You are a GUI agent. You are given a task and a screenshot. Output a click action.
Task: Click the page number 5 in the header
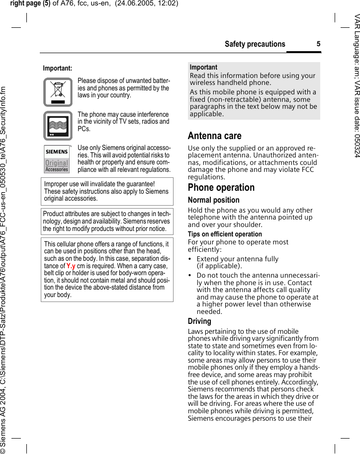318,44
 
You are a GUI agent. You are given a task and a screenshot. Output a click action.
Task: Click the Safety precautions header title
255,44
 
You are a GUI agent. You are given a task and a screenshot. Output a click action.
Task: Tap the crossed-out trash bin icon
58,92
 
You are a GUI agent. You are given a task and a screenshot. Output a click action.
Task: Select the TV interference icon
58,125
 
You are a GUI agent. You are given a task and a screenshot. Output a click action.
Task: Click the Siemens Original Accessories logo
57,159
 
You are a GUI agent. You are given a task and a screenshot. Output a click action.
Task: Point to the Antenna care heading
214,136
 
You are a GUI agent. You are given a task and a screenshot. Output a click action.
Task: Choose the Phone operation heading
221,187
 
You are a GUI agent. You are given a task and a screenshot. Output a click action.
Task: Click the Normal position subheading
213,200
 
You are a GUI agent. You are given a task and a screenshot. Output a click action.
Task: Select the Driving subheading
199,321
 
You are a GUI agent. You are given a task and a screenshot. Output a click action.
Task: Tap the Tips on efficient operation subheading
225,234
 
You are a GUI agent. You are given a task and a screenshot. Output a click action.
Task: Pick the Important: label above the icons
57,68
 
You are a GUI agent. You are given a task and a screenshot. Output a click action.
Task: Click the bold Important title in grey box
203,67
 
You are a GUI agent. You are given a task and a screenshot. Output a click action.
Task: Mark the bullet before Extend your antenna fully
190,259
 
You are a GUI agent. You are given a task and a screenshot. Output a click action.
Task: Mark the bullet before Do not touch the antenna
190,275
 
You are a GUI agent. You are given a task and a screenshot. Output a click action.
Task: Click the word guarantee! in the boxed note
141,184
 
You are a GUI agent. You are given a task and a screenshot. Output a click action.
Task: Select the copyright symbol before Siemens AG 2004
4,449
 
